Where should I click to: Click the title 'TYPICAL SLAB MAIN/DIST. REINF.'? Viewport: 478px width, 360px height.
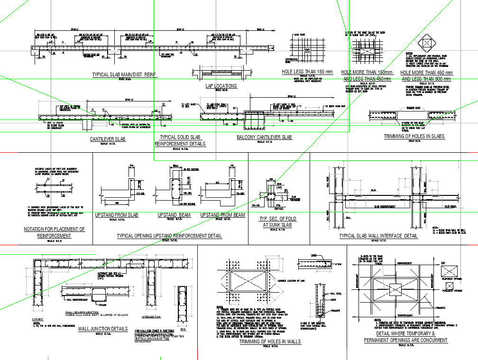pos(124,75)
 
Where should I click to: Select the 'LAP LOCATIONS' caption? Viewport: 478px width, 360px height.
pos(221,86)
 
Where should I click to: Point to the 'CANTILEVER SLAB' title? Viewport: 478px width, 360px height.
pos(108,139)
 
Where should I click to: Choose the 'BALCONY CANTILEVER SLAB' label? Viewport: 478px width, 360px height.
pos(264,138)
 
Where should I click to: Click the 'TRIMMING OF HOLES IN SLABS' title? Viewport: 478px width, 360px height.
pos(414,137)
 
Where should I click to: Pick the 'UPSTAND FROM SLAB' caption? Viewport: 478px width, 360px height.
pos(117,215)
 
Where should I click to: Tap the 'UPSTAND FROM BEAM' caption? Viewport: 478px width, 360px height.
pos(222,215)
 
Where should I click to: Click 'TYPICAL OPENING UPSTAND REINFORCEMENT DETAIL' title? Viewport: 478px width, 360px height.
pos(169,236)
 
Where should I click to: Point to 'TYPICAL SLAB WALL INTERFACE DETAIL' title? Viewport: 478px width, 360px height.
pos(378,236)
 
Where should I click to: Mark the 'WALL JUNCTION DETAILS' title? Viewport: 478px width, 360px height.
pos(102,329)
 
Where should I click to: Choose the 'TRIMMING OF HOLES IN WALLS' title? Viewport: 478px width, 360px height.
pos(270,342)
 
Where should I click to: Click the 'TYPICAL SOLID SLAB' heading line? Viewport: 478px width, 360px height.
pos(180,137)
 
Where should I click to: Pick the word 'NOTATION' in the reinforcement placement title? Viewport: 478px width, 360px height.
pos(37,230)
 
